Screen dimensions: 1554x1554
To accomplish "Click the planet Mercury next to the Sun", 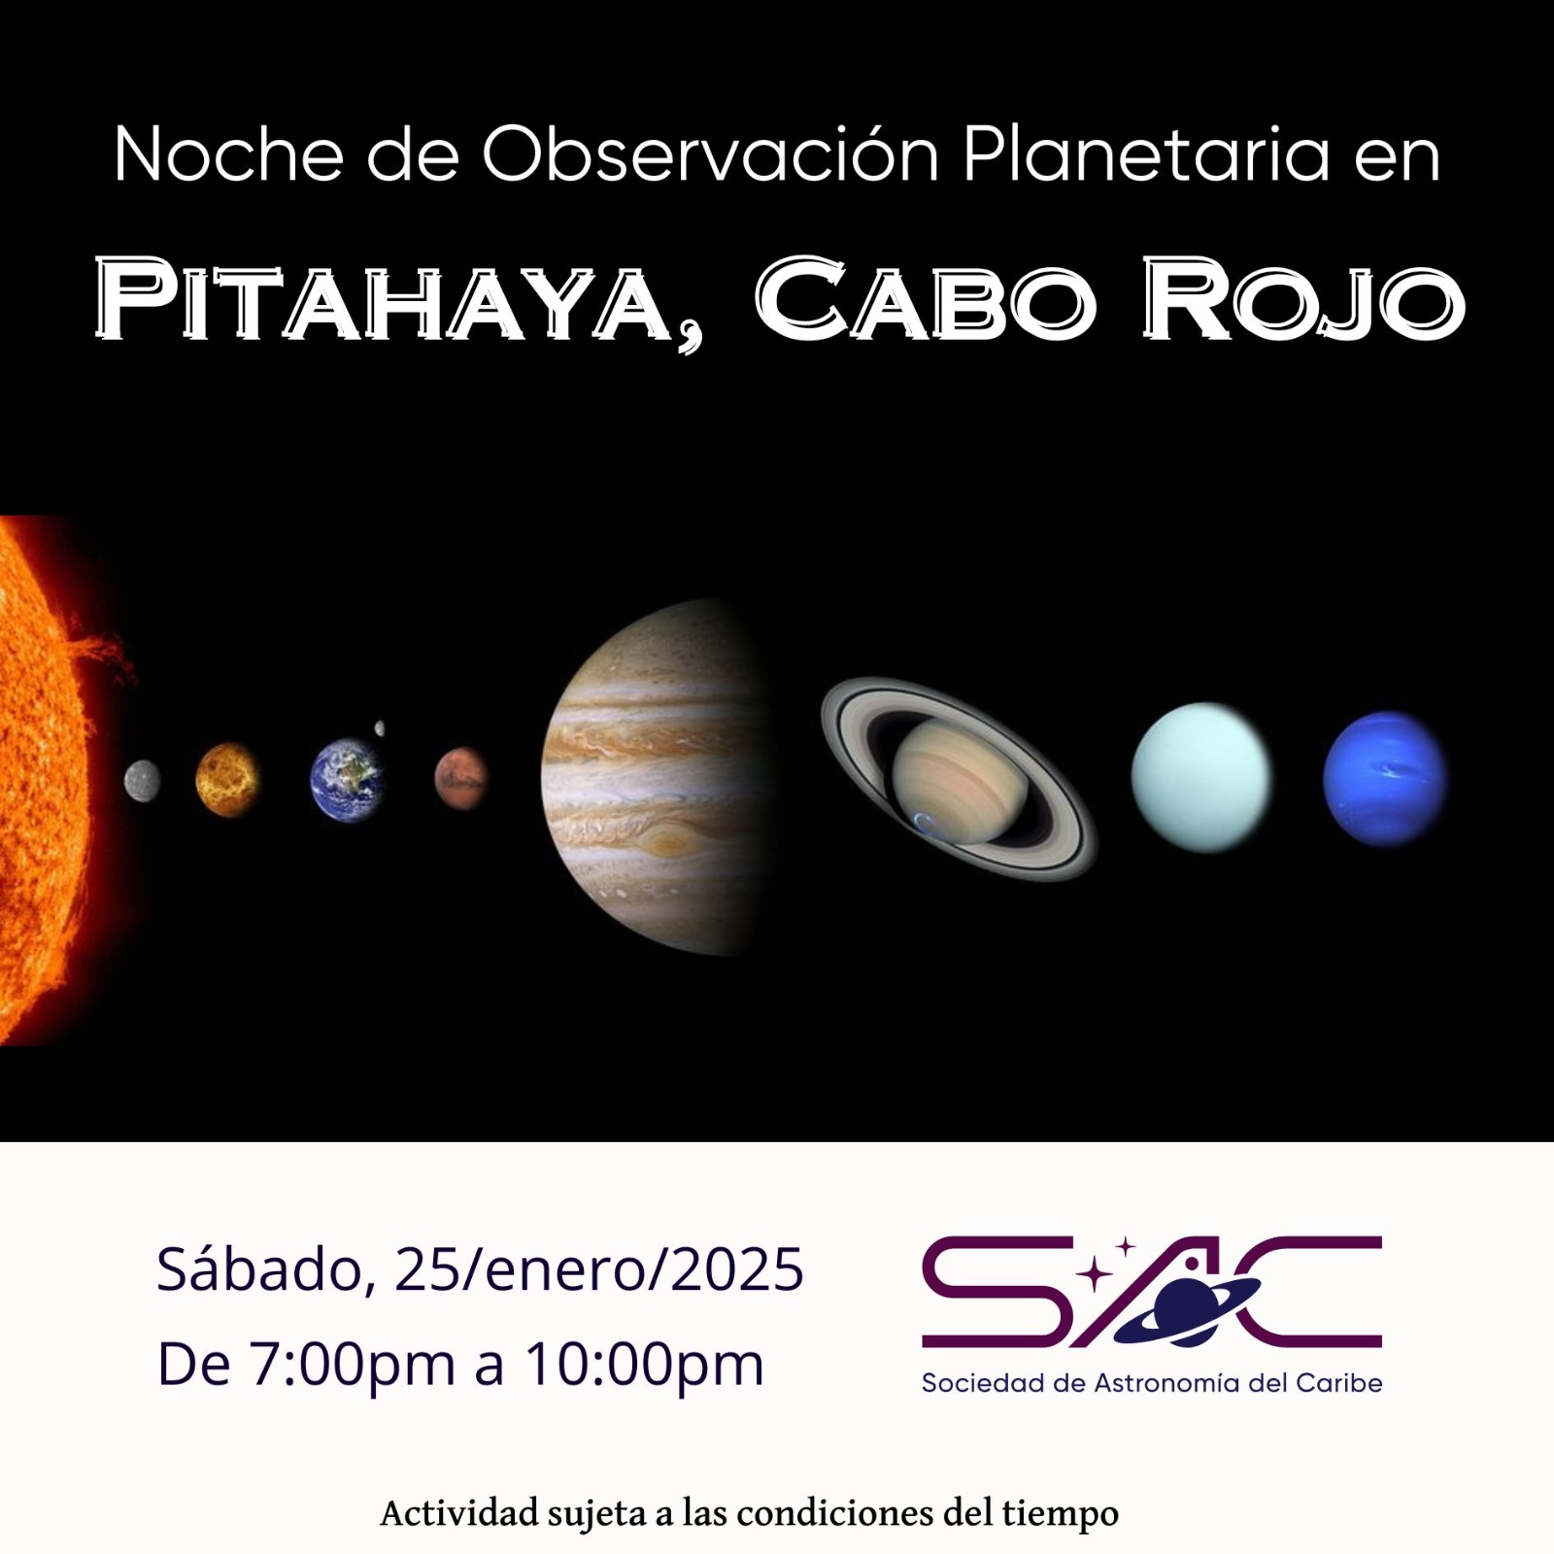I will [143, 780].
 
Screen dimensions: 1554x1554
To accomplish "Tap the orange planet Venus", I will [227, 780].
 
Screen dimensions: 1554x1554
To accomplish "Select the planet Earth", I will [347, 779].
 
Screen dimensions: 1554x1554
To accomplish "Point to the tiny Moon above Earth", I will [380, 727].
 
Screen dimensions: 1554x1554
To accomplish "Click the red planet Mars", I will [460, 777].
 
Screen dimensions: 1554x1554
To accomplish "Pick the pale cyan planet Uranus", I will [1200, 777].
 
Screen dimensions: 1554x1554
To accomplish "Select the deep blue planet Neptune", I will [1384, 778].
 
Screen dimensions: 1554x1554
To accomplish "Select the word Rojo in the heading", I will [1301, 298].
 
